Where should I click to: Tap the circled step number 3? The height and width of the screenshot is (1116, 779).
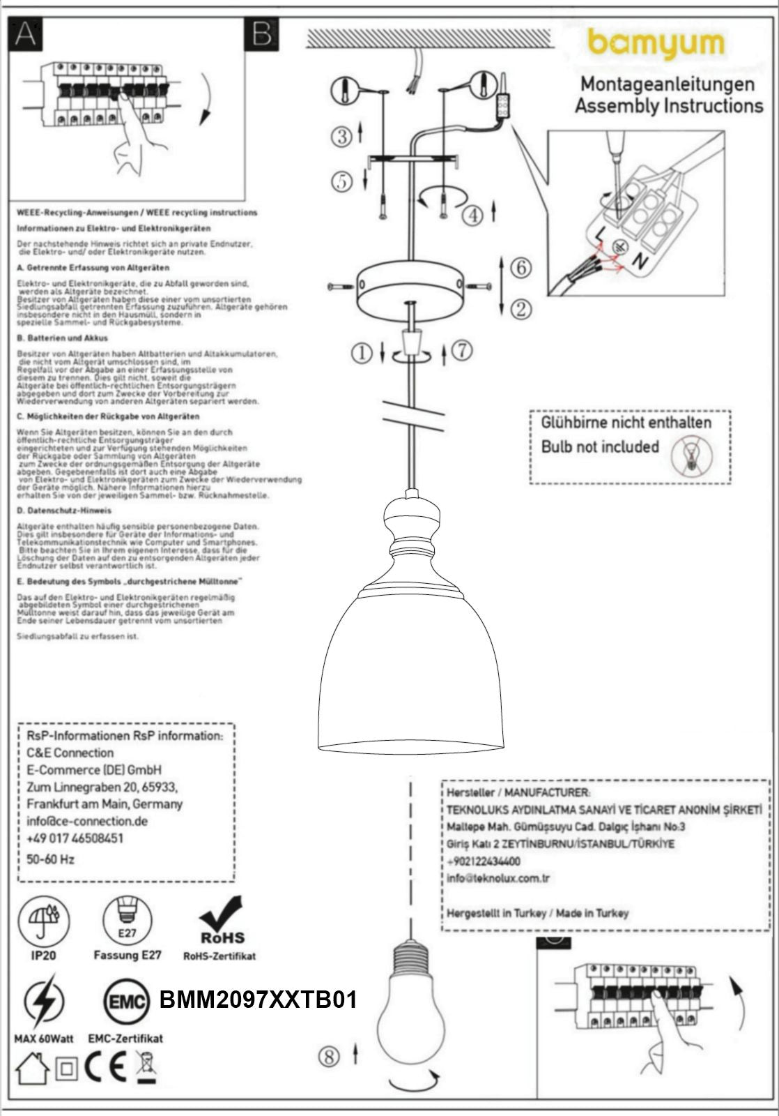point(342,136)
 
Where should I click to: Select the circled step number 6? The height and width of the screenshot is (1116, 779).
point(520,268)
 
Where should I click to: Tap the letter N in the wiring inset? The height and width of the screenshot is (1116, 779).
point(638,261)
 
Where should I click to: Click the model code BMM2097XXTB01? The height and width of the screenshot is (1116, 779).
point(259,1000)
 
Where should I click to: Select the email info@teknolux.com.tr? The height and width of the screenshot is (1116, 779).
point(498,878)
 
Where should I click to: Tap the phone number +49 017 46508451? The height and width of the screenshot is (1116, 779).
point(75,838)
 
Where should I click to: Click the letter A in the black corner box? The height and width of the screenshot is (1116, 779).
point(25,33)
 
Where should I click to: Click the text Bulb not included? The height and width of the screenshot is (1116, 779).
point(600,446)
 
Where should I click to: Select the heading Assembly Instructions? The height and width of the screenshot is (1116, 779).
point(668,106)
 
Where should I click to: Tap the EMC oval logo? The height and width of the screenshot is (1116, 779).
point(126,1003)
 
